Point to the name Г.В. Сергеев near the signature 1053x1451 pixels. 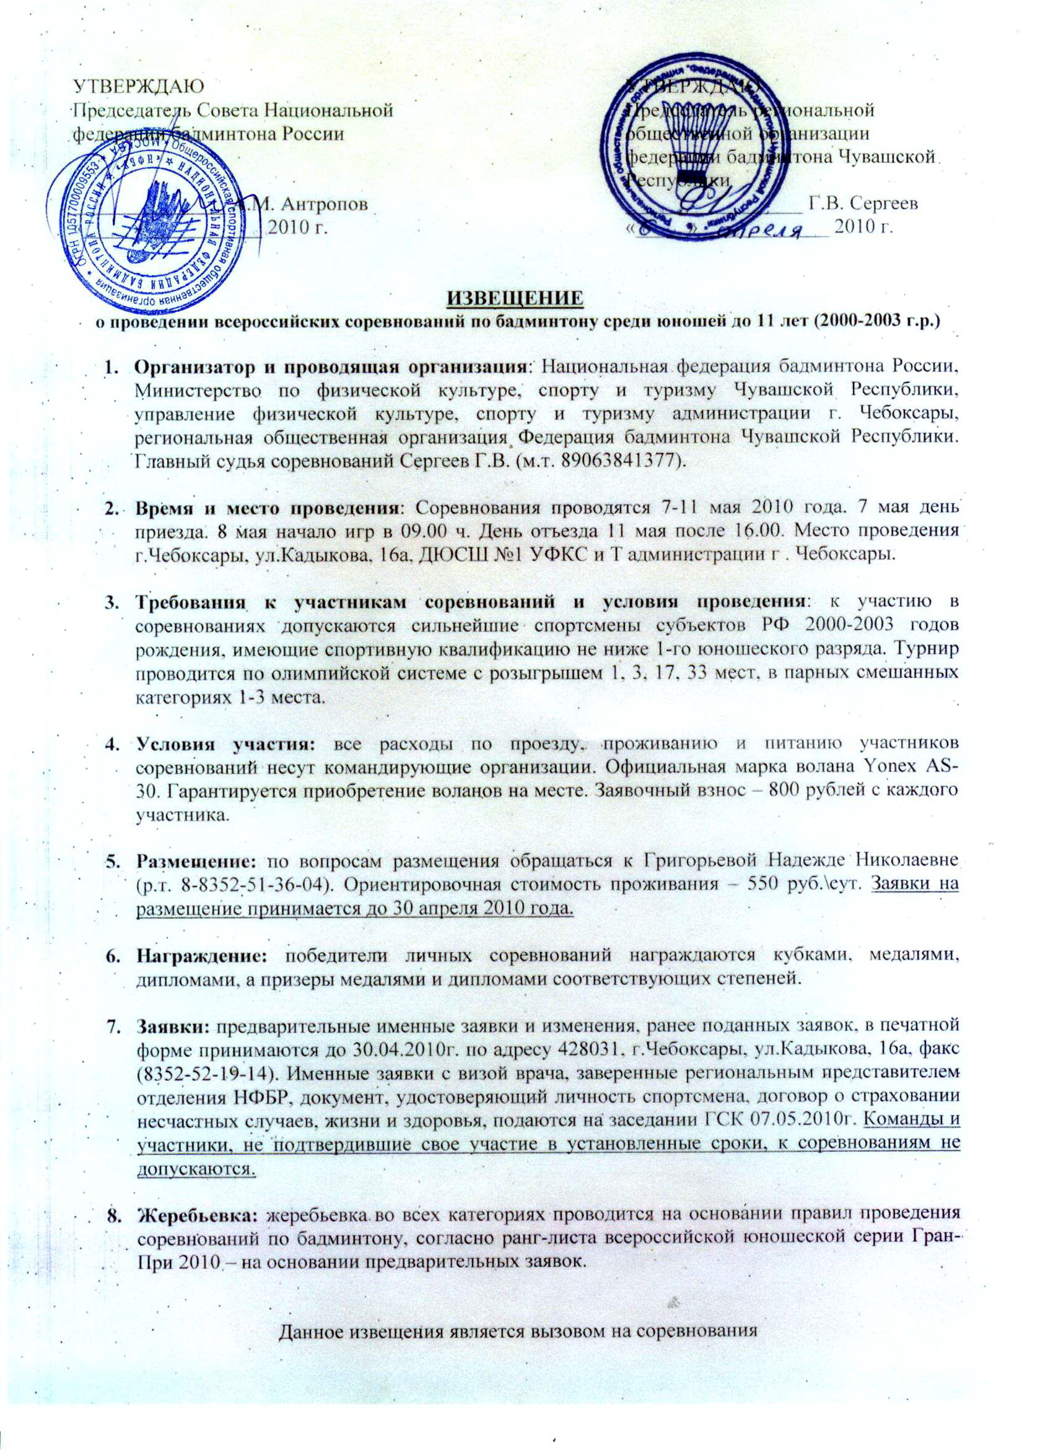pyautogui.click(x=863, y=204)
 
